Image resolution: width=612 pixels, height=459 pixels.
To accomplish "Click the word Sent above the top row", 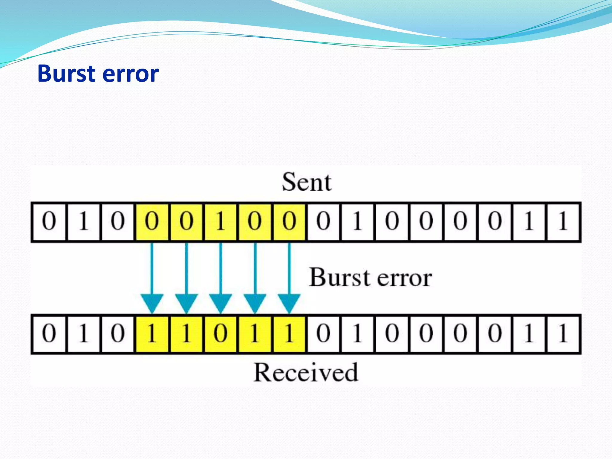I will (307, 182).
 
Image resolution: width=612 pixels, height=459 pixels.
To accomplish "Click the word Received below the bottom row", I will (305, 372).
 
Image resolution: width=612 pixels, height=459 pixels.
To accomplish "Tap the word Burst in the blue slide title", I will (66, 74).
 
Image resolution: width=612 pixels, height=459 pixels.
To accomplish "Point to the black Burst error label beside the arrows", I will (370, 278).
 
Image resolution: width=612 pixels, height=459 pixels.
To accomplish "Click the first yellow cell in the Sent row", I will (152, 221).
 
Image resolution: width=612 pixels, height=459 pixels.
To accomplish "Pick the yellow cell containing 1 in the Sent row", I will (221, 221).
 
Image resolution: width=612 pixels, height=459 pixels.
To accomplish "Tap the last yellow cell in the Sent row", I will (289, 221).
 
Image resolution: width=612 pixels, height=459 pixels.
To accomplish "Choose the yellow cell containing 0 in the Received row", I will (221, 333).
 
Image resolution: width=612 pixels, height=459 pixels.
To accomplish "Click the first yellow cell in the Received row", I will (152, 333).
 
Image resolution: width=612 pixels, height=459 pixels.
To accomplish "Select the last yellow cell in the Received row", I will (289, 333).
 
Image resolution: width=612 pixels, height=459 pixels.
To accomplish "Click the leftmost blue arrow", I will (152, 278).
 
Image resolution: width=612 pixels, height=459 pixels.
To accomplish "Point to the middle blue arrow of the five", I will (221, 278).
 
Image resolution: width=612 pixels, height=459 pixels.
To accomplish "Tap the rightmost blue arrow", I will (289, 278).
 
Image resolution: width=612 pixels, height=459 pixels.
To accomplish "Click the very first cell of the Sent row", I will (49, 221).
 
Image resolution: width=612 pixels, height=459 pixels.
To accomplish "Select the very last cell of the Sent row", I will (563, 221).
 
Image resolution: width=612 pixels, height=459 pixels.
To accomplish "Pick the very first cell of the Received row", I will (49, 333).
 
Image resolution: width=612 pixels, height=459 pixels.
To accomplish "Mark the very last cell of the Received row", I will (563, 333).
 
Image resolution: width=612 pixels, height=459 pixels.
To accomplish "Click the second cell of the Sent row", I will (83, 221).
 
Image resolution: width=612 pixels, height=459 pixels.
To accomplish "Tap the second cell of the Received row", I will (83, 333).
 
